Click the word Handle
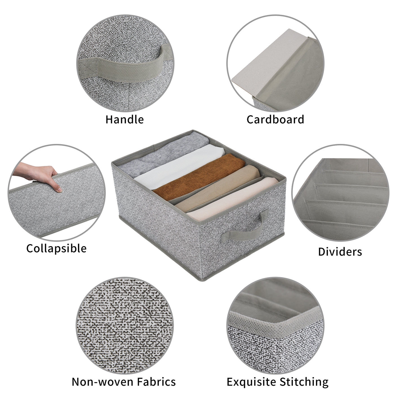pyautogui.click(x=124, y=119)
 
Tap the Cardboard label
pyautogui.click(x=275, y=119)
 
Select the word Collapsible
pyautogui.click(x=56, y=249)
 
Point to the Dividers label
pyautogui.click(x=340, y=252)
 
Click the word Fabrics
pyautogui.click(x=156, y=382)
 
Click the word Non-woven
pyautogui.click(x=103, y=382)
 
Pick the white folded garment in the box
pyautogui.click(x=179, y=167)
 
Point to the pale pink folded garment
pyautogui.click(x=232, y=199)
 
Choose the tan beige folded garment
pyautogui.click(x=217, y=188)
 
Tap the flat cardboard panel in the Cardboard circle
pyautogui.click(x=269, y=62)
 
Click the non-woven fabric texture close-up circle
pyautogui.click(x=124, y=326)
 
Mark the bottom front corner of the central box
pyautogui.click(x=203, y=281)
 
